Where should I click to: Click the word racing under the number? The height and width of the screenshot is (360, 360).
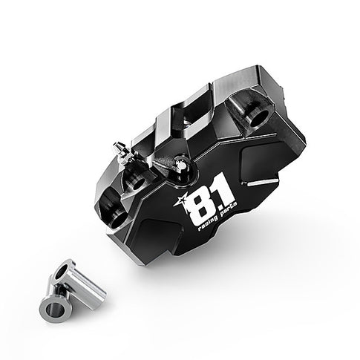(x=206, y=229)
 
